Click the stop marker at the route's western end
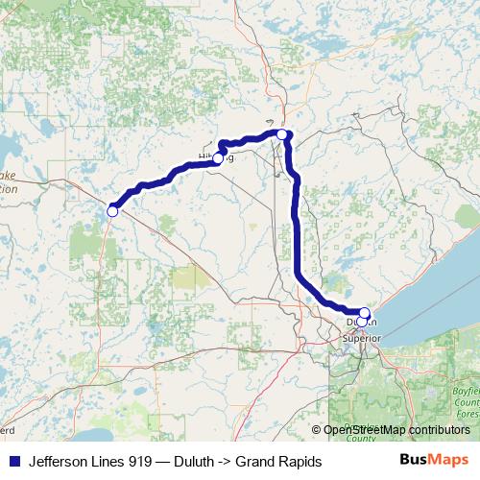coord(112,210)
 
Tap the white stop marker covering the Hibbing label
coord(218,158)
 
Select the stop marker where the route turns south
coord(281,134)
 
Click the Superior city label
coord(362,338)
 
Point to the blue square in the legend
coord(13,461)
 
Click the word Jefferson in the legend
coord(60,461)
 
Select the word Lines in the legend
coord(117,461)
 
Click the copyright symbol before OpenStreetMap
coord(317,430)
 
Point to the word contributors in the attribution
coord(441,430)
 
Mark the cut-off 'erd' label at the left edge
coord(8,420)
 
